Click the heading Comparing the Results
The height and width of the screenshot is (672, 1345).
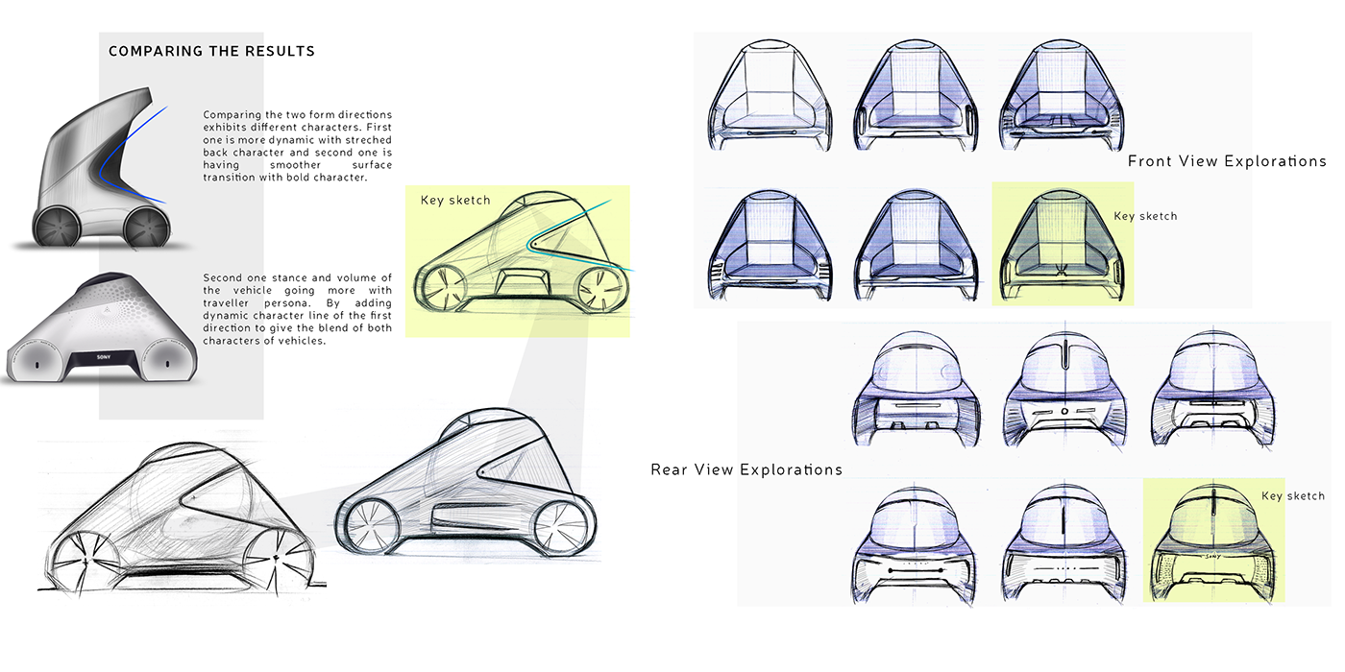point(211,51)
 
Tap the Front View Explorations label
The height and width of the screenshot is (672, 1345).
point(1227,161)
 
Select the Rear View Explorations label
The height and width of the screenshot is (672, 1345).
point(746,469)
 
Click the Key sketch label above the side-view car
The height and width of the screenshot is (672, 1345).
point(455,201)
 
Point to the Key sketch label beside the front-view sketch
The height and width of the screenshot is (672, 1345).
point(1145,216)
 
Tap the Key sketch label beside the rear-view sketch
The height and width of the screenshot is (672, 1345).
point(1292,496)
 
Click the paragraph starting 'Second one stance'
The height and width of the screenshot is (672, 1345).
point(297,309)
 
